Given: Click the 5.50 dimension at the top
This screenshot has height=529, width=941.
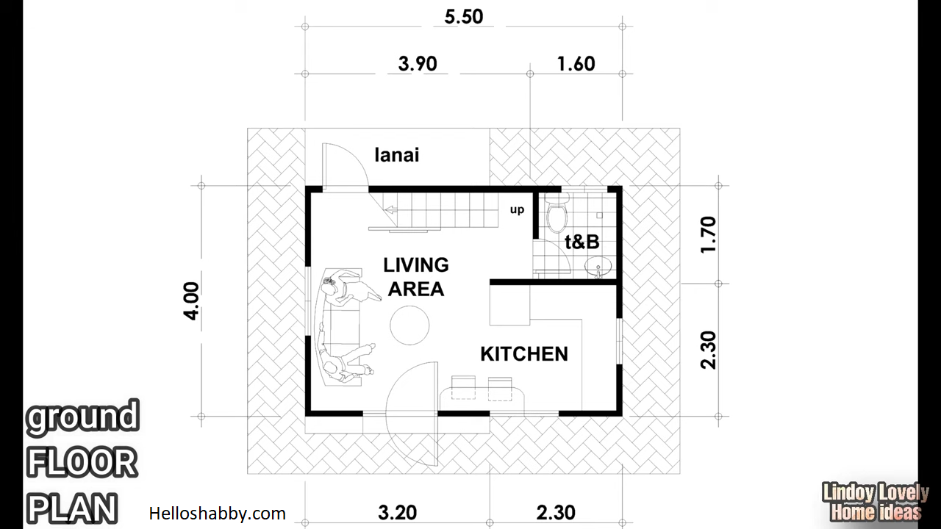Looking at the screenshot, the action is click(x=464, y=17).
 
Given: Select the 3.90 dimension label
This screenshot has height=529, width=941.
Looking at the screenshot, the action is click(x=418, y=64).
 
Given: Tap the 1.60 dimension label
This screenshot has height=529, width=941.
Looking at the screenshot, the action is click(x=576, y=64).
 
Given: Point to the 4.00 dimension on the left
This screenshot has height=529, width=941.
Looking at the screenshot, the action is click(x=192, y=301).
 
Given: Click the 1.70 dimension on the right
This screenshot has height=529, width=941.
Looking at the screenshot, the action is click(x=708, y=234).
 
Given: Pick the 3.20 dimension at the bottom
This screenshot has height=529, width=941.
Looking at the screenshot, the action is click(x=398, y=513).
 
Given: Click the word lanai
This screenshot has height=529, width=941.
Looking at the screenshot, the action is click(x=397, y=155).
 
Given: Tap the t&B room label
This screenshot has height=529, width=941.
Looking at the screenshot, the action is click(x=582, y=242).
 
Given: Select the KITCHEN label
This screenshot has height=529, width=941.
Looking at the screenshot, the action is click(x=524, y=354).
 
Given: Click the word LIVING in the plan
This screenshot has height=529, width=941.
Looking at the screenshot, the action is click(x=416, y=265).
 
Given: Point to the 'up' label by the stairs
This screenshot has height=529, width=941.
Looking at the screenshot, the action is click(x=517, y=209).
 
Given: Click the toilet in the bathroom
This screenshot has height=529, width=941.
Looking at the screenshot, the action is click(x=557, y=213).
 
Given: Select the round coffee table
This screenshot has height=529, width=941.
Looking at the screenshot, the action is click(x=409, y=325).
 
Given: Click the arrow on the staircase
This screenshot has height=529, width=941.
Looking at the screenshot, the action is click(x=392, y=210).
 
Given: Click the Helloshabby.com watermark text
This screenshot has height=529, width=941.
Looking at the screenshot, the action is click(x=217, y=514).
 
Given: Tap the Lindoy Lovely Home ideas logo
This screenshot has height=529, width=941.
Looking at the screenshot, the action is click(x=876, y=503).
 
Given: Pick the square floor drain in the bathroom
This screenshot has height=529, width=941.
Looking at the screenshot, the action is click(x=599, y=215).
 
